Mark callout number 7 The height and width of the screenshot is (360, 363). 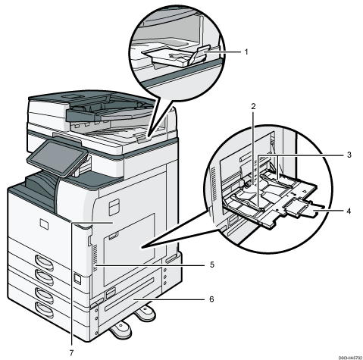[x=74, y=351]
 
